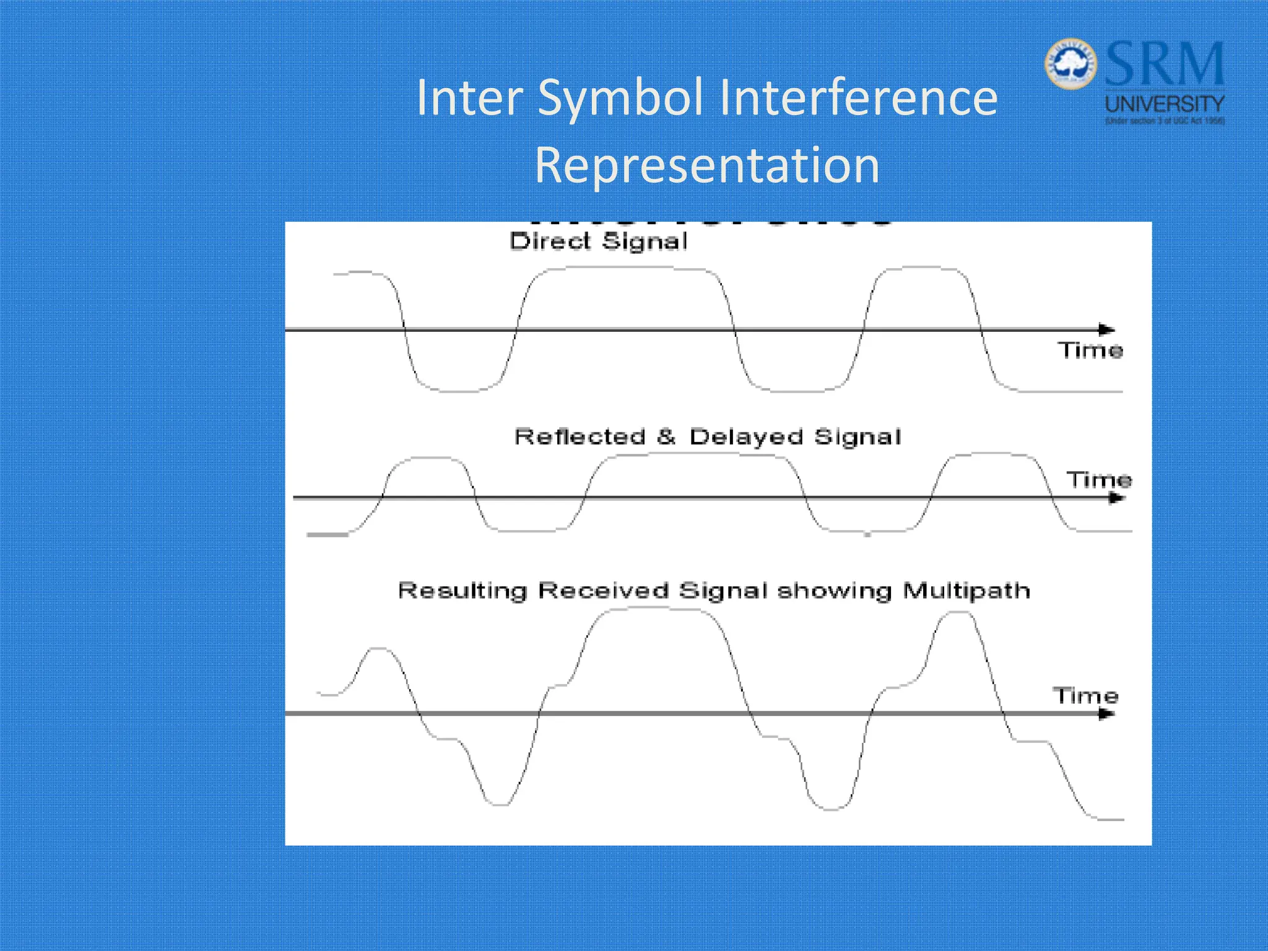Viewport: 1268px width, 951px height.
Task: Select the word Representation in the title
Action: tap(706, 165)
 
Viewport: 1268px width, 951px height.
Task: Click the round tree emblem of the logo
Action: tap(1070, 64)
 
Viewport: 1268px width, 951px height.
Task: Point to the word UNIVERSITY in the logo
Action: tap(1165, 103)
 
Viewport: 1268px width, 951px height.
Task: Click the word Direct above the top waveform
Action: tap(550, 241)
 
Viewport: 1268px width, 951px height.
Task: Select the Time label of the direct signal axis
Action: tap(1090, 350)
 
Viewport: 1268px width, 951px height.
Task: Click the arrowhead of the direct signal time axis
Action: tap(1107, 329)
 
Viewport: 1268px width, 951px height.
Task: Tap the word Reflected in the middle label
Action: tap(580, 436)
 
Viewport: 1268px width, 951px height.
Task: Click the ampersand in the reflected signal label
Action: tap(666, 436)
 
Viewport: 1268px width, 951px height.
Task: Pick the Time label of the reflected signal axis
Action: tap(1099, 480)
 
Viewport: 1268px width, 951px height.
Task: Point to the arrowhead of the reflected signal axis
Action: tap(1116, 498)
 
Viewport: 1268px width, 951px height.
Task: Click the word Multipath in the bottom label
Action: tap(966, 591)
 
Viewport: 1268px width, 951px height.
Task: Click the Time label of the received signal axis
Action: tap(1085, 696)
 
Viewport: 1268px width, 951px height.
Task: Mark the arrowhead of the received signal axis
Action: tap(1107, 714)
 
